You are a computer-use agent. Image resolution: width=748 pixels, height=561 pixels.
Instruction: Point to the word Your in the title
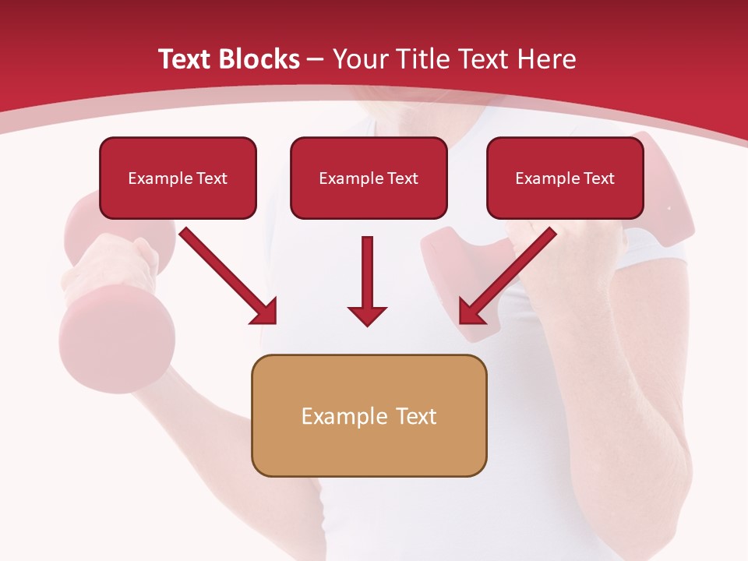point(358,59)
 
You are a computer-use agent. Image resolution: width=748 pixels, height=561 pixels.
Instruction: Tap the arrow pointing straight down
point(367,273)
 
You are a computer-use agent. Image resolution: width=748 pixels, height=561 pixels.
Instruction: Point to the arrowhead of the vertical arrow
point(367,315)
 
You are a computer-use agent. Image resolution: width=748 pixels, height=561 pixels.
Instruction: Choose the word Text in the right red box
point(598,178)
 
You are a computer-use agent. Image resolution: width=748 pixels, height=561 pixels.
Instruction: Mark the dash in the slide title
point(316,59)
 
